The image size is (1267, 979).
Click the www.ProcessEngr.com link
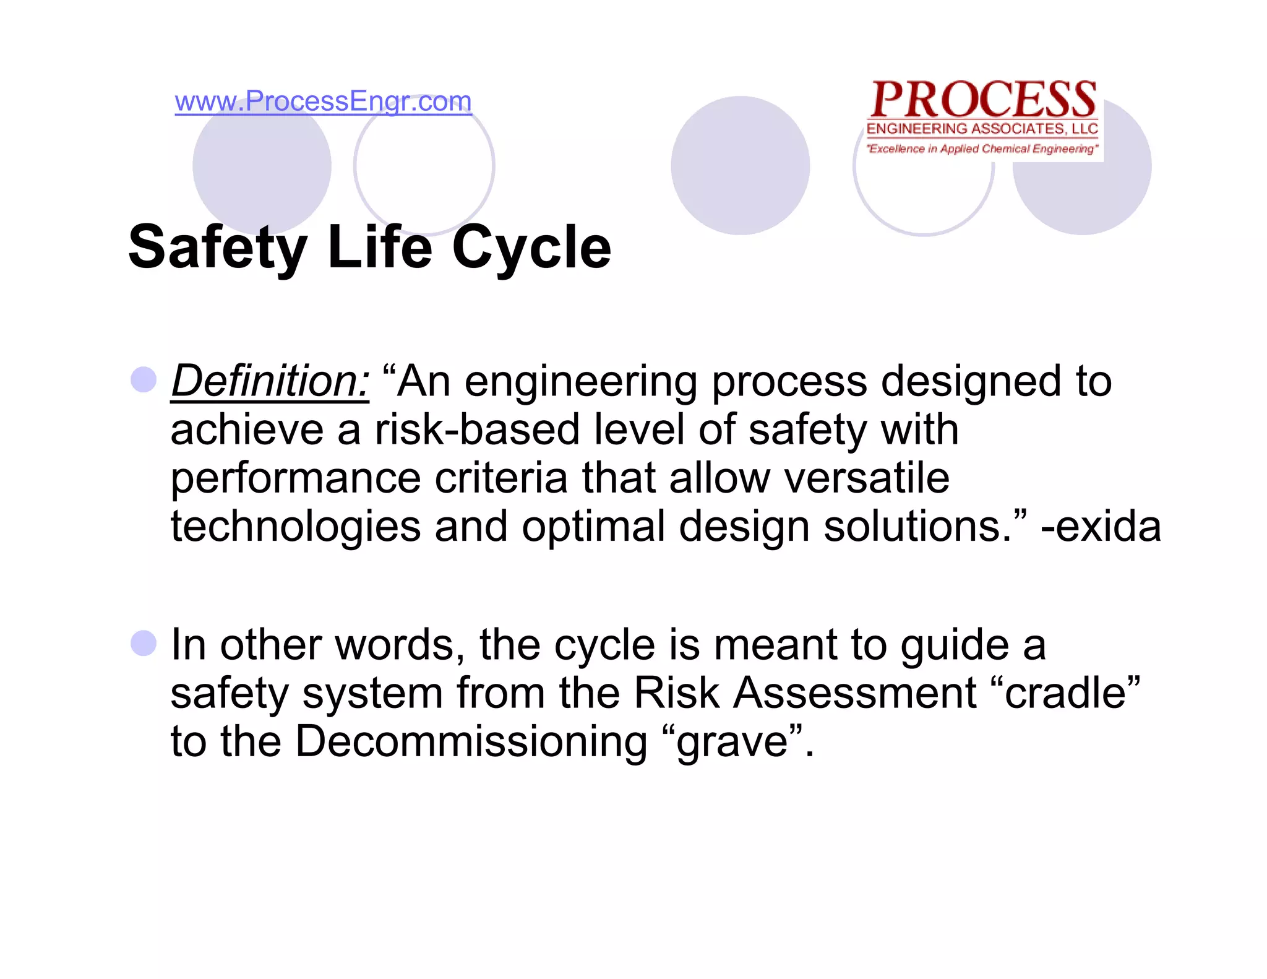click(x=323, y=101)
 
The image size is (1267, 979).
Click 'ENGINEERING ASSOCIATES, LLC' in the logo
click(x=982, y=129)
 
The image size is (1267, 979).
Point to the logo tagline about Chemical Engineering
click(x=982, y=149)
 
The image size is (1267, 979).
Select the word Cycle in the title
click(x=531, y=248)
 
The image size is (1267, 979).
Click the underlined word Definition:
click(x=270, y=381)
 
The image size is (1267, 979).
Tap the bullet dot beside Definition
click(x=144, y=379)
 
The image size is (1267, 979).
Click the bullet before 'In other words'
click(x=144, y=644)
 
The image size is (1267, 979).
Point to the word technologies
click(x=296, y=527)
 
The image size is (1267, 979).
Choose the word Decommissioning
click(x=471, y=741)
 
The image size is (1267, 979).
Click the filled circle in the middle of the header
click(x=740, y=165)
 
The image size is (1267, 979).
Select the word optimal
click(x=593, y=527)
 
